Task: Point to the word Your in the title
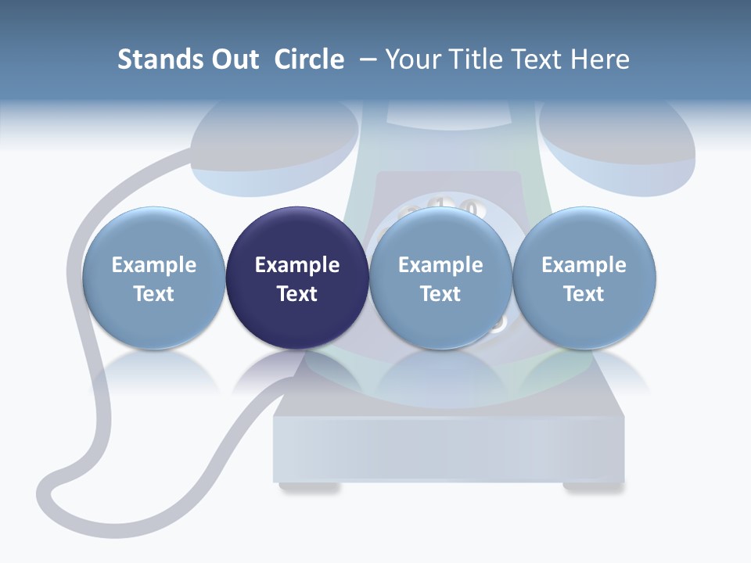[x=413, y=59]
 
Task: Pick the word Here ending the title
[x=600, y=59]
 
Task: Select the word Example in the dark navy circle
[x=297, y=265]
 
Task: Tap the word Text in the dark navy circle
[x=297, y=294]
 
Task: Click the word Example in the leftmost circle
[x=153, y=265]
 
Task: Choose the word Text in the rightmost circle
[x=584, y=294]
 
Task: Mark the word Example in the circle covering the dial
[x=440, y=265]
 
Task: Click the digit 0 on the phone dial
[x=469, y=208]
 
